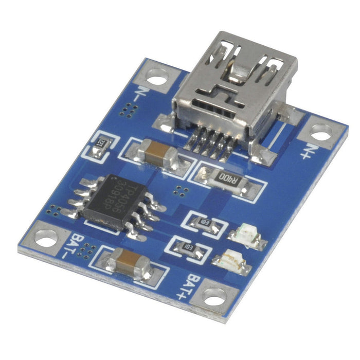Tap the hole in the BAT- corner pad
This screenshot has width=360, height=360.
pyautogui.click(x=47, y=237)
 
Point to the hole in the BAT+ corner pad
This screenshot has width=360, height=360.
pyautogui.click(x=215, y=297)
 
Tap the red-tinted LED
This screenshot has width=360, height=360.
pyautogui.click(x=246, y=234)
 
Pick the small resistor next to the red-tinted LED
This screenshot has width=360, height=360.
pyautogui.click(x=205, y=223)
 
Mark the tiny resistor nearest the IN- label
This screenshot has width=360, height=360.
pyautogui.click(x=101, y=146)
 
